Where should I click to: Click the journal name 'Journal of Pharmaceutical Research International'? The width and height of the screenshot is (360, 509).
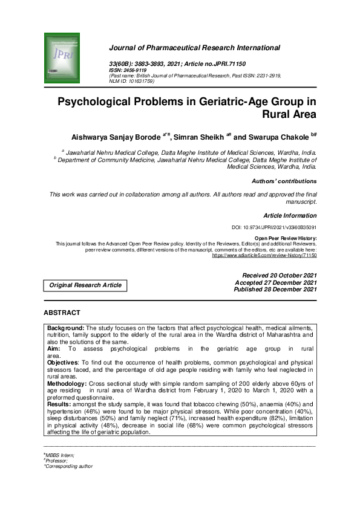[x=194, y=47]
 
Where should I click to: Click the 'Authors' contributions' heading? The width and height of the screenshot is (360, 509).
[x=284, y=181]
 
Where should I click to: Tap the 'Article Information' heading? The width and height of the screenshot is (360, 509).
[x=290, y=215]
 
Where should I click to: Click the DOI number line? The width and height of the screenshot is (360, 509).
[x=274, y=227]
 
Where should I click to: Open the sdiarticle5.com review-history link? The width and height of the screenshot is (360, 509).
[x=264, y=255]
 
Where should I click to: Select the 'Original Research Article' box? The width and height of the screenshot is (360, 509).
[x=85, y=285]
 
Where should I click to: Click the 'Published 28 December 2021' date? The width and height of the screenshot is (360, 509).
[x=275, y=290]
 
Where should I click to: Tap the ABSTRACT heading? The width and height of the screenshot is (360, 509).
[x=62, y=313]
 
